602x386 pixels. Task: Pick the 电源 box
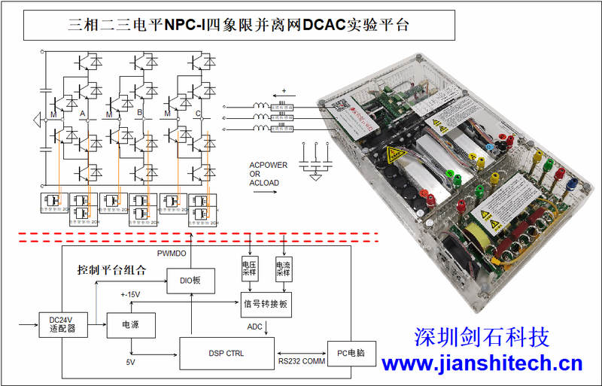click(132, 324)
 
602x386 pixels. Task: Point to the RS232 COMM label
click(300, 363)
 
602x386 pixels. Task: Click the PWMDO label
click(172, 254)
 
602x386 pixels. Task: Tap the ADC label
click(255, 327)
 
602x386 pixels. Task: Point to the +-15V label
click(131, 294)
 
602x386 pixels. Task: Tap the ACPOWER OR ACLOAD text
click(268, 173)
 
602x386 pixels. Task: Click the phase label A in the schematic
click(82, 114)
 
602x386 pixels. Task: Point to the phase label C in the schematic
click(197, 114)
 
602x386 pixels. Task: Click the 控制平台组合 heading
click(111, 269)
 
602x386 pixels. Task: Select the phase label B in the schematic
click(140, 114)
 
